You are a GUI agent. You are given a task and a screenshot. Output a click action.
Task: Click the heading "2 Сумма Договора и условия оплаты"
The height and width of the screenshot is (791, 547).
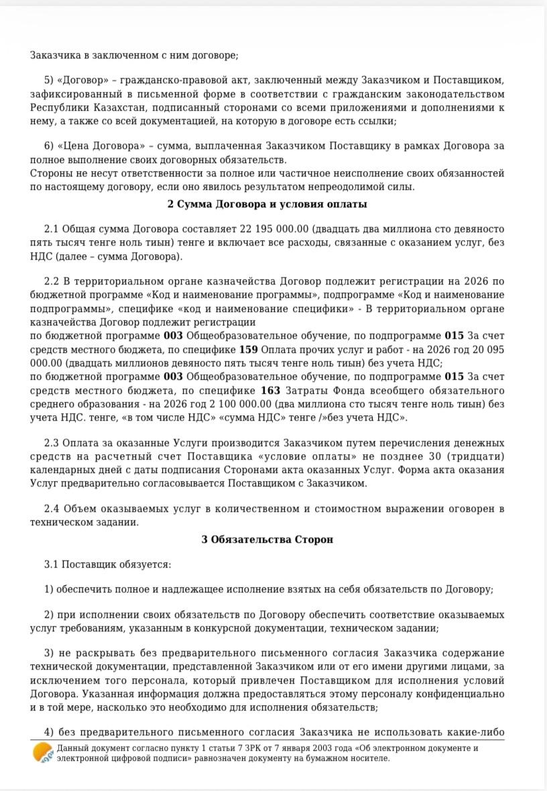pyautogui.click(x=267, y=204)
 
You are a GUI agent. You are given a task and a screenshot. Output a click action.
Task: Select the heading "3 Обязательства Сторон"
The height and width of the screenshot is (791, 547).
pyautogui.click(x=267, y=539)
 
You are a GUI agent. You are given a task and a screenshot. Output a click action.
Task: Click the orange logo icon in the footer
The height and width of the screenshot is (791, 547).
pyautogui.click(x=44, y=753)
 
